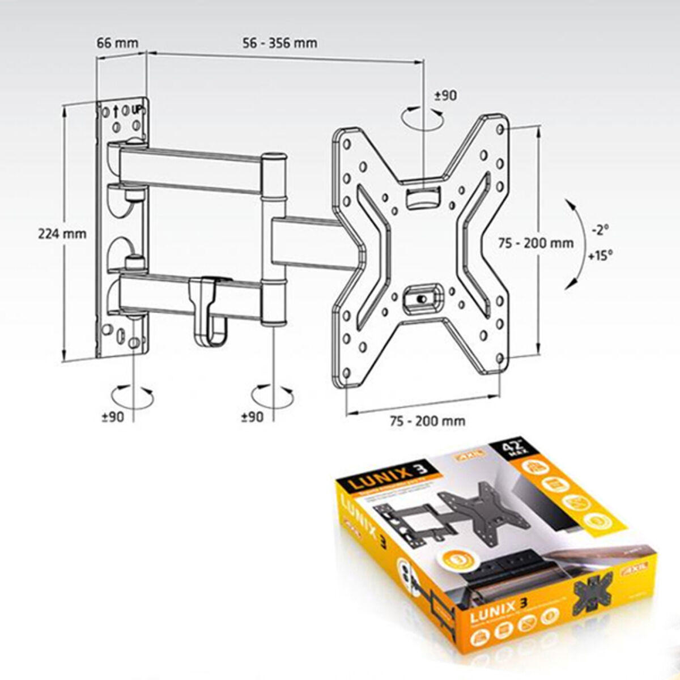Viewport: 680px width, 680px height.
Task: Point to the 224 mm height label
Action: [x=62, y=233]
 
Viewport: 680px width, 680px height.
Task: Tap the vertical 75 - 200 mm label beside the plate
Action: [x=535, y=243]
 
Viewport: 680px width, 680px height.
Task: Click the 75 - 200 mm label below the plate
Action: [x=427, y=420]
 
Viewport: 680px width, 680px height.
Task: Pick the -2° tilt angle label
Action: [x=599, y=230]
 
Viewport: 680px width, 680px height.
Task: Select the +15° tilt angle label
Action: [x=600, y=255]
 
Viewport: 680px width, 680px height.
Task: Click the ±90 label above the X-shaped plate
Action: [x=445, y=96]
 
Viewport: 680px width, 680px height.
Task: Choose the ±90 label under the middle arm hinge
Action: [x=252, y=416]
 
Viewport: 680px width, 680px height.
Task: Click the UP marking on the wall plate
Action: [x=136, y=109]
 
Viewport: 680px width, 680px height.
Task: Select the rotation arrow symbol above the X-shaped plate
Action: [x=422, y=118]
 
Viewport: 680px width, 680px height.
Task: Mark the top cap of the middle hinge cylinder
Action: [x=274, y=156]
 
